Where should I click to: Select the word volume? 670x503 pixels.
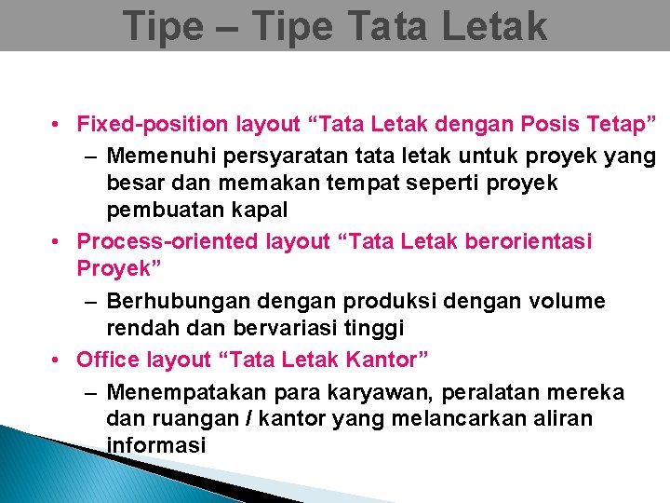click(x=569, y=302)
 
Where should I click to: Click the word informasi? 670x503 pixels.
click(x=155, y=446)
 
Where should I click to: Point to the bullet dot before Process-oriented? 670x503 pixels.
click(x=58, y=242)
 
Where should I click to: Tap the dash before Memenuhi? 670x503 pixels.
click(x=89, y=154)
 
